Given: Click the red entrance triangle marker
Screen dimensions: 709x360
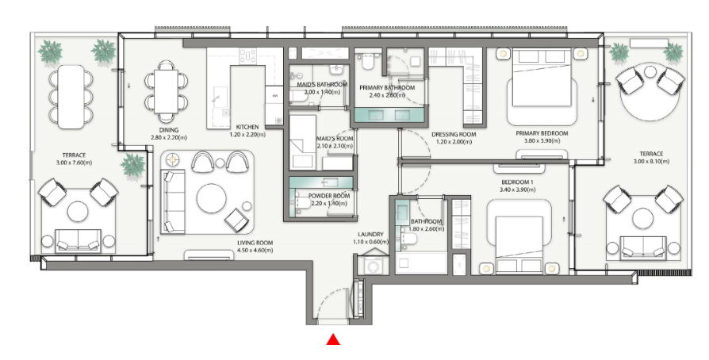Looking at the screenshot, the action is pos(333,339).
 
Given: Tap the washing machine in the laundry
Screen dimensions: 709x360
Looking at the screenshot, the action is pos(373,266).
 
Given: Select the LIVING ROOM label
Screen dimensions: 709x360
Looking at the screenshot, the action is pos(255,243).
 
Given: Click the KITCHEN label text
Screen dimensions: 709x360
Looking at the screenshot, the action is pos(247,127).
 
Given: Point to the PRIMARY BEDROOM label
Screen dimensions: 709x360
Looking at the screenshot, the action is pos(542,133).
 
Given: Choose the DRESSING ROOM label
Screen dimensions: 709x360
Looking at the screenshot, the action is pos(454,134).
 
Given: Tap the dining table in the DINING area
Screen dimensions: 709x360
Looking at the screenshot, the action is pos(167,92).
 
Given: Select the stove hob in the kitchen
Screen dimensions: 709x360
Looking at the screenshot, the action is pos(247,56).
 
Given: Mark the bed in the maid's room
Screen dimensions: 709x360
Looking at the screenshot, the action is pos(302,142).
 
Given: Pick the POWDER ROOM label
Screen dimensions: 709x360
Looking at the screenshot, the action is pos(329,197).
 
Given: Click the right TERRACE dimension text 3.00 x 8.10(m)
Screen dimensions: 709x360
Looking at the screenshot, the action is pos(651,161).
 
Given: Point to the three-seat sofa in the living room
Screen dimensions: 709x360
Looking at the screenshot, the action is pos(173,201).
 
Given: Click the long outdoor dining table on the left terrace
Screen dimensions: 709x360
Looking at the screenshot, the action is pos(72,96).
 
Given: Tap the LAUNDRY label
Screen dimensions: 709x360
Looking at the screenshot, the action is pos(370,235).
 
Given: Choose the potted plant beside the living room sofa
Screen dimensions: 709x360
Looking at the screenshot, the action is pos(133,166).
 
